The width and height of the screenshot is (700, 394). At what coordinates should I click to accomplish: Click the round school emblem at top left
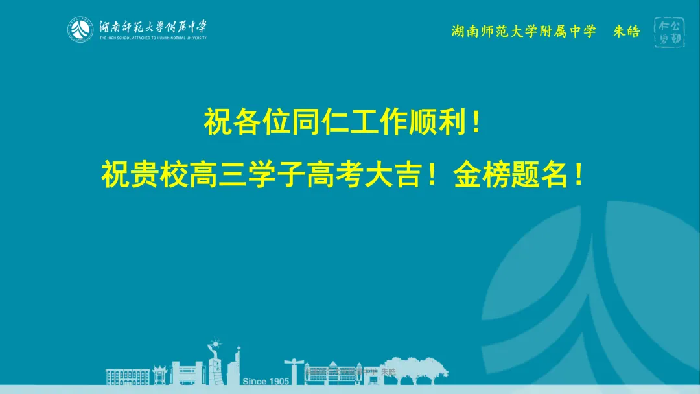82,29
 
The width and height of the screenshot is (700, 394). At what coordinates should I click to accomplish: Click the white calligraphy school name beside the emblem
153,27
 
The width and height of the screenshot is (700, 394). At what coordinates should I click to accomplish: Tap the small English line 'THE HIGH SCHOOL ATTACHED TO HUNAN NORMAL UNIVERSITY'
153,38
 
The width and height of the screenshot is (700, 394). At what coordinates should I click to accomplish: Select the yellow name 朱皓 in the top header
626,31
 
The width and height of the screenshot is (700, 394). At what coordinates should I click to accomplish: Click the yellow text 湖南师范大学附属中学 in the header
523,31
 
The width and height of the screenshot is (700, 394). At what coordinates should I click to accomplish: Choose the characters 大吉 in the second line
393,174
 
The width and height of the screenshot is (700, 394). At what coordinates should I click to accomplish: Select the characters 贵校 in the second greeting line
159,174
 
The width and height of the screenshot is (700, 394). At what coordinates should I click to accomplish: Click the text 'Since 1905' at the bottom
266,381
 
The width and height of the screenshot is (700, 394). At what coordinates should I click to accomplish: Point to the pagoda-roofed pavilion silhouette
158,373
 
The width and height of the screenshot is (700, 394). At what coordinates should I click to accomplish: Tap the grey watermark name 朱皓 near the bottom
388,372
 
